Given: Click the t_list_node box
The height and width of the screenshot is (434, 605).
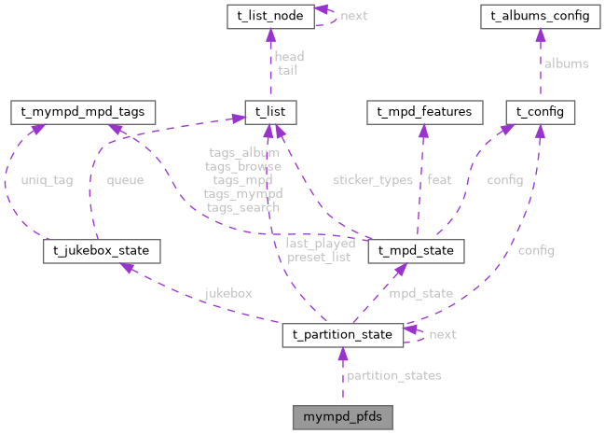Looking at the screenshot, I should pyautogui.click(x=268, y=16).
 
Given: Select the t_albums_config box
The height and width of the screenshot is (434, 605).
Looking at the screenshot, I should pyautogui.click(x=537, y=16).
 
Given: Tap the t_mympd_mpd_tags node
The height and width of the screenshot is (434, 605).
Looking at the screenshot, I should pyautogui.click(x=77, y=113).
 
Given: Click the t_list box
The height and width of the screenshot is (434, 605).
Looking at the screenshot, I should pyautogui.click(x=268, y=113).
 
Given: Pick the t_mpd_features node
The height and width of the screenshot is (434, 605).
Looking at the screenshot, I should pyautogui.click(x=423, y=113).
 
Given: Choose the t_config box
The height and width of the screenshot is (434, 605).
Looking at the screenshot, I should pyautogui.click(x=540, y=113).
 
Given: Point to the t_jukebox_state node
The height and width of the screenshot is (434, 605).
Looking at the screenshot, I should pyautogui.click(x=102, y=251).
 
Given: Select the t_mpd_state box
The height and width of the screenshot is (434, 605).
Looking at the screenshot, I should pyautogui.click(x=416, y=251).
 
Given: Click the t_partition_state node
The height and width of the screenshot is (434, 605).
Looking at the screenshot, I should pyautogui.click(x=342, y=333).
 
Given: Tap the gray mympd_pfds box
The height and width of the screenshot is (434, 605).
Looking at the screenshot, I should pyautogui.click(x=342, y=416).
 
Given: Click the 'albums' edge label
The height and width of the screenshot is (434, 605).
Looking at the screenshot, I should pyautogui.click(x=566, y=63).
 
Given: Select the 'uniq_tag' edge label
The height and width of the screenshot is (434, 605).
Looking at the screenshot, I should pyautogui.click(x=47, y=180).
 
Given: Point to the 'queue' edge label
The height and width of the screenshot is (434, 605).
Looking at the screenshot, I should pyautogui.click(x=125, y=180).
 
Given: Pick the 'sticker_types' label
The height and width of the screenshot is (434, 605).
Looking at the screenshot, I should pyautogui.click(x=372, y=180).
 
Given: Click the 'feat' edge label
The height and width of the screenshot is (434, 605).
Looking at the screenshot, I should pyautogui.click(x=439, y=180).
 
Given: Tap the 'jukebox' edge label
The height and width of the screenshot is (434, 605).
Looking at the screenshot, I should pyautogui.click(x=228, y=293).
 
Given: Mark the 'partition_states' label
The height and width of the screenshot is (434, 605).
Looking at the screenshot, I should pyautogui.click(x=393, y=375).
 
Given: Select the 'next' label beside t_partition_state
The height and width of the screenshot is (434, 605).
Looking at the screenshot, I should pyautogui.click(x=442, y=333).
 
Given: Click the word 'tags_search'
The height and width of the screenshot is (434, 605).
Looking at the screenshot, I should pyautogui.click(x=242, y=207).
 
